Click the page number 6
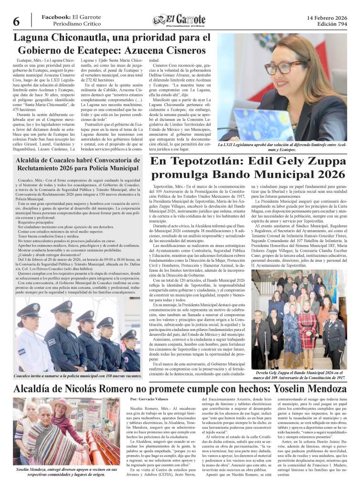[x=16, y=21]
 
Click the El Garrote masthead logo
[x=179, y=21]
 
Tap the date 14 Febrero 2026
[x=327, y=18]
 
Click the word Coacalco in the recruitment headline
[x=62, y=161]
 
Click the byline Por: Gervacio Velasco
[x=150, y=399]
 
